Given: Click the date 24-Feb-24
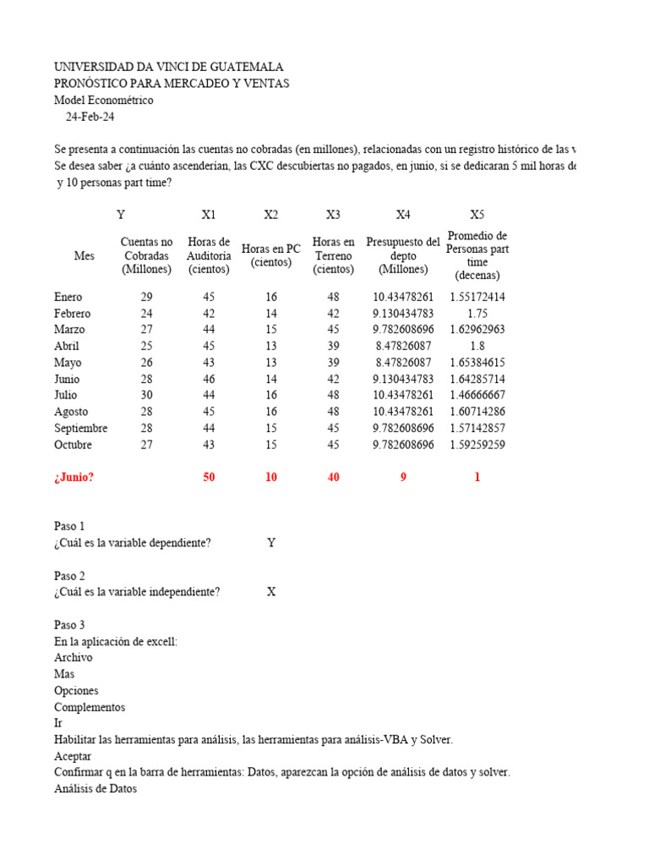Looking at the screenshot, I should [90, 117].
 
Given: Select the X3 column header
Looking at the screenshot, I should [333, 215].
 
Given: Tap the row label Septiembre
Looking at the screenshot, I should [81, 428].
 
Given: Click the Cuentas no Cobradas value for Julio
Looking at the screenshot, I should [146, 395].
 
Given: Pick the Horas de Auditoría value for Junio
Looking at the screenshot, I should [209, 379].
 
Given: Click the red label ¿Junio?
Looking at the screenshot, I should [74, 477].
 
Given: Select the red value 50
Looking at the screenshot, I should [209, 477].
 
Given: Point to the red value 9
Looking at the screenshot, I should [403, 477].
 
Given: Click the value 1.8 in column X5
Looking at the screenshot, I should [477, 346].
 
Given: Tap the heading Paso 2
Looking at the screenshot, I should [69, 576].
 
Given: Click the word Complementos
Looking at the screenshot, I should [90, 707].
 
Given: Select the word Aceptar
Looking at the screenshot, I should [73, 756].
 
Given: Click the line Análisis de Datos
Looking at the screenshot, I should [95, 789].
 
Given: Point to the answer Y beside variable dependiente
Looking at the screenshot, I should [271, 543].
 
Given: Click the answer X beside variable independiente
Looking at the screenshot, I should [271, 592].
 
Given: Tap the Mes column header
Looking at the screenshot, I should [85, 255].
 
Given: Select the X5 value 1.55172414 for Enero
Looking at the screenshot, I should [477, 297].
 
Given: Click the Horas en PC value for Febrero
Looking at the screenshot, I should [270, 313].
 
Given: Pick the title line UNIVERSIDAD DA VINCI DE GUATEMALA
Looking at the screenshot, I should [169, 67].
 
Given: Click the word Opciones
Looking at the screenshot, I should [76, 690].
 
